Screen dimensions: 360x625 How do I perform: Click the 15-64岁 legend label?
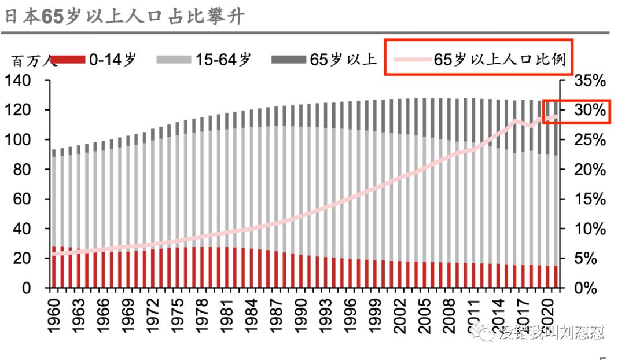223,60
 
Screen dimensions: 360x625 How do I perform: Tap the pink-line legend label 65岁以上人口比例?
499,60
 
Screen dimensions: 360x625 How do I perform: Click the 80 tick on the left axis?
22,170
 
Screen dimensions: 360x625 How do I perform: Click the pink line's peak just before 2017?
514,120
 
